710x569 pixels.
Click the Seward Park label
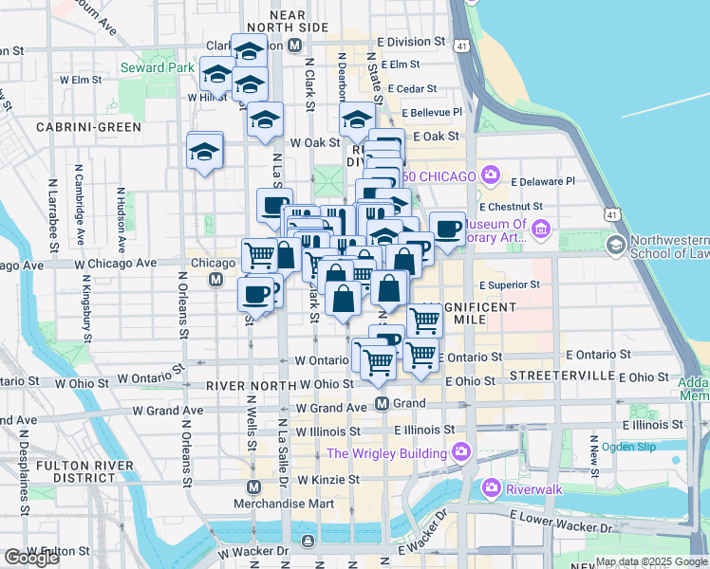151,68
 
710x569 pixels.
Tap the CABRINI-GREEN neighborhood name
89,127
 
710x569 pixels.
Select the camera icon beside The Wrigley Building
462,450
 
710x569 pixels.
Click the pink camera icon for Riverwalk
492,488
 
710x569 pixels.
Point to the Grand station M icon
382,404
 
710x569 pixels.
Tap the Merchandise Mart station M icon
253,486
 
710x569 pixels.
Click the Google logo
31,558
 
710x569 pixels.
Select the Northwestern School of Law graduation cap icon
615,247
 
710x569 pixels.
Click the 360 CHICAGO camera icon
490,174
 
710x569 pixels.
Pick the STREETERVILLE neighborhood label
562,376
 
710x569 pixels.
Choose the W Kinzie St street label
327,480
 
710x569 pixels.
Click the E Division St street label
410,43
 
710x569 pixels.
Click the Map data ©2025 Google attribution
651,561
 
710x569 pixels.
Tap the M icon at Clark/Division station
295,46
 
